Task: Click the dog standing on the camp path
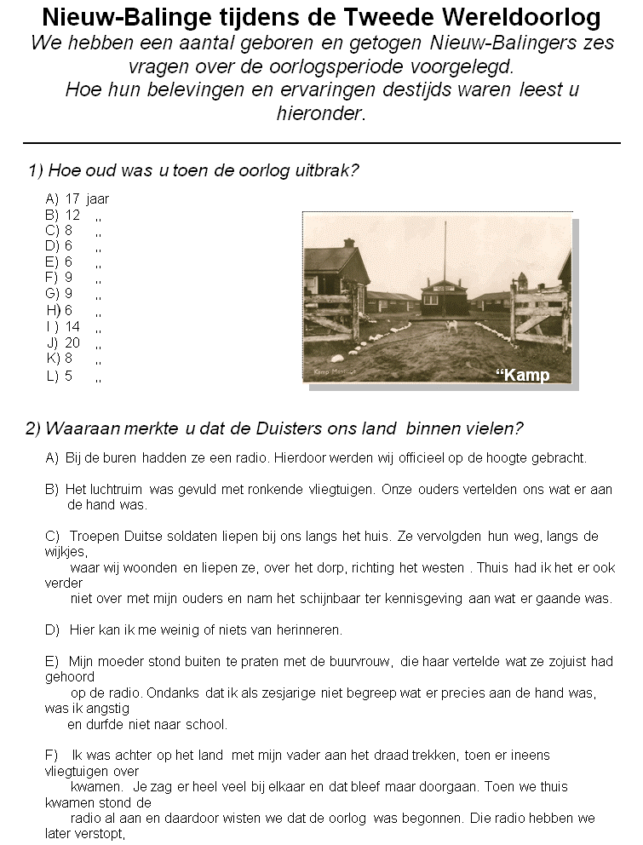point(452,326)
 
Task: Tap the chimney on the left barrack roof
point(348,244)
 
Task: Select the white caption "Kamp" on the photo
point(523,376)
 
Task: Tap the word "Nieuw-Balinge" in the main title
point(115,16)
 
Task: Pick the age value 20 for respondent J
point(72,342)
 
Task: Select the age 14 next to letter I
point(72,326)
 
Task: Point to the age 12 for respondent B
point(72,215)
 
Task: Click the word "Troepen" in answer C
point(92,536)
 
